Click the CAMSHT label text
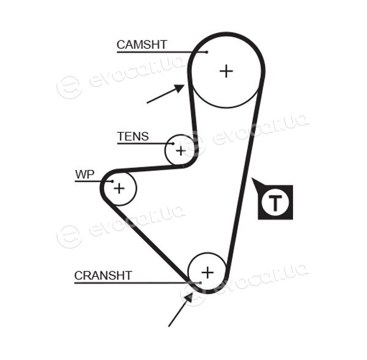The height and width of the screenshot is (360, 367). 142,45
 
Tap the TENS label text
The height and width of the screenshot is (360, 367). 133,136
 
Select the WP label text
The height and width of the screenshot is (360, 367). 85,174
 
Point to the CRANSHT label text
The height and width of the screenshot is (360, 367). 103,276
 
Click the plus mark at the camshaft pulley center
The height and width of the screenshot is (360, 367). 226,71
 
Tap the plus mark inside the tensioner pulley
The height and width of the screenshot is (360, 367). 180,151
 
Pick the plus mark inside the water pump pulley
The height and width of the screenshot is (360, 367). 119,188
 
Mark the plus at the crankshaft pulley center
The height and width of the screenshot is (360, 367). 207,273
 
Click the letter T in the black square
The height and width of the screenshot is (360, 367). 275,202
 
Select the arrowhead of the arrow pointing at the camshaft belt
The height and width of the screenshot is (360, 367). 180,88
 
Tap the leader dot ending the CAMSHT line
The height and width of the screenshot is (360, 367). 207,52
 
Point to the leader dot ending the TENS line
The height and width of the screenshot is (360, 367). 173,144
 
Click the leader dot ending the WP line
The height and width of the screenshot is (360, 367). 113,182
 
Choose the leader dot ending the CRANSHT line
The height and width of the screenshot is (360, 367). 200,283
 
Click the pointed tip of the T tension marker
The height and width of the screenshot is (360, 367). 252,178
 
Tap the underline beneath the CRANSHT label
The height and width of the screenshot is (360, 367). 137,283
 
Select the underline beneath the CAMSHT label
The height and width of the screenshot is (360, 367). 161,52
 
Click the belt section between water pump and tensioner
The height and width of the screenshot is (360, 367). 150,169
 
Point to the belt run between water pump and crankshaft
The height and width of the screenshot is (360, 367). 146,241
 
